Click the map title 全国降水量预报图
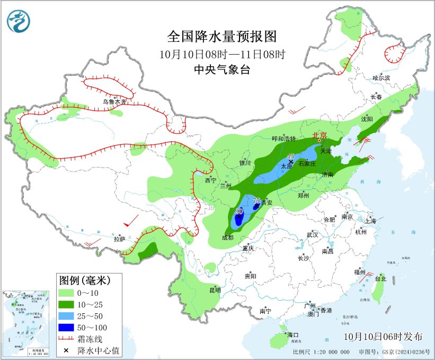point(222,37)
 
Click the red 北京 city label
point(321,136)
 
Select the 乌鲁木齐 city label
point(115,102)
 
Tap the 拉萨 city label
point(120,239)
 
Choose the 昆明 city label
point(215,290)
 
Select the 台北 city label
point(380,278)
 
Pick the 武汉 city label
point(312,234)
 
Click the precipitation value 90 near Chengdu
point(239,211)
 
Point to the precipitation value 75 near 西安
point(257,201)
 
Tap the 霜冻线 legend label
point(91,339)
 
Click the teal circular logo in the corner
point(19,21)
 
